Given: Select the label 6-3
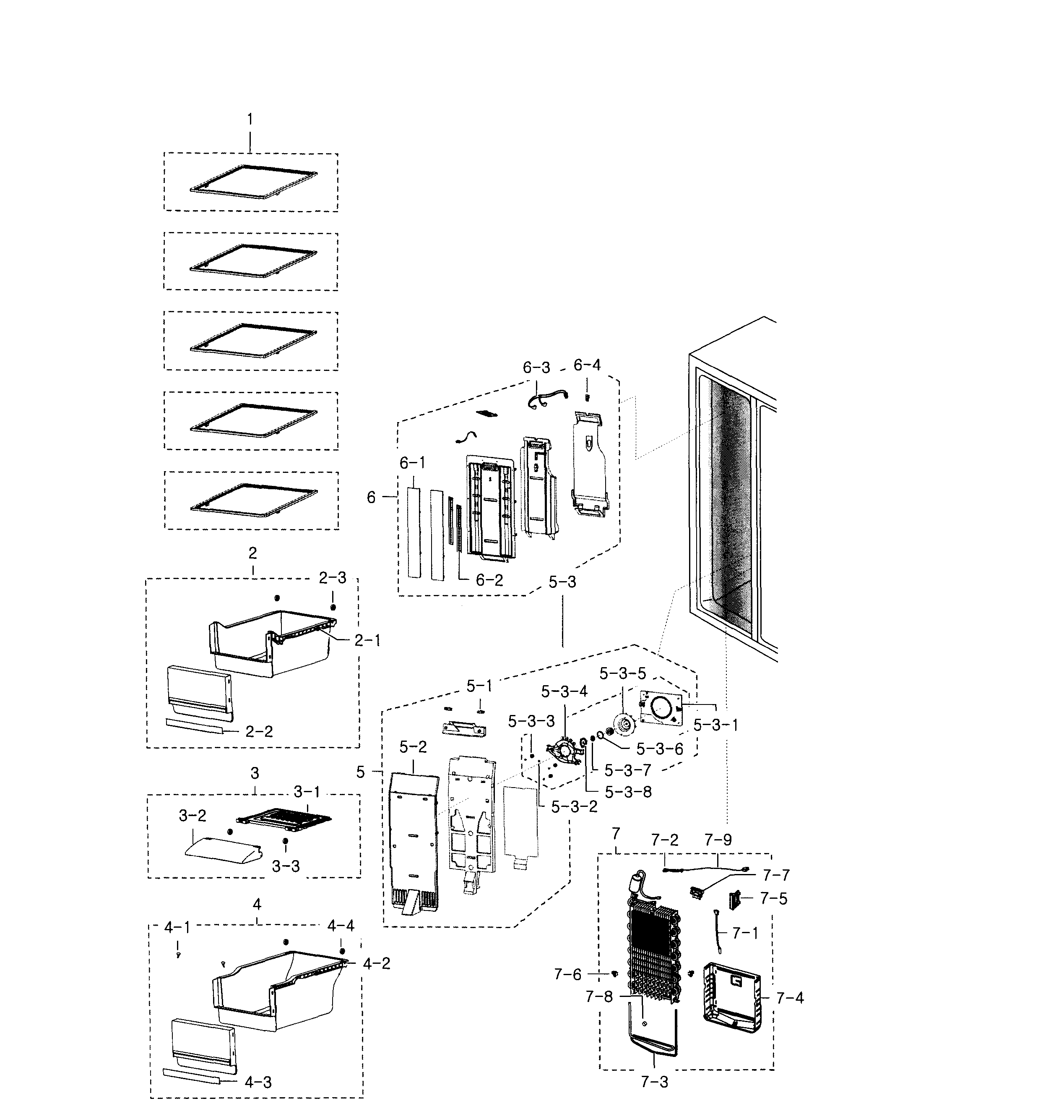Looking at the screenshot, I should [536, 368].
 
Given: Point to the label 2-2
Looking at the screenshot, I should [259, 732].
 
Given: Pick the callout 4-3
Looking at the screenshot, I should [258, 1083].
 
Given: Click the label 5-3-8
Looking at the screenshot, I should [628, 792].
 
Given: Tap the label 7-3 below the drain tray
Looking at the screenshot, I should [654, 1082].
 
